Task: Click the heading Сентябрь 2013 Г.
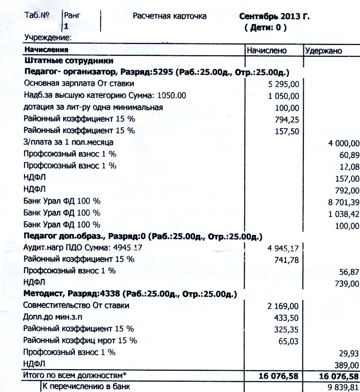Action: [274, 17]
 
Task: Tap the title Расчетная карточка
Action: [170, 17]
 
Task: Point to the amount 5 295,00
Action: [283, 85]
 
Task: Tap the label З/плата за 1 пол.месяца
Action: [69, 142]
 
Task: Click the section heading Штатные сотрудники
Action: [69, 61]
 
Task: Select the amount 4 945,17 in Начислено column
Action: [283, 249]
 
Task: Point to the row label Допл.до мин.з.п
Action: [56, 317]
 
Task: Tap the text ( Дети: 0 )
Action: [265, 28]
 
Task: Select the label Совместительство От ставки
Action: [76, 305]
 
